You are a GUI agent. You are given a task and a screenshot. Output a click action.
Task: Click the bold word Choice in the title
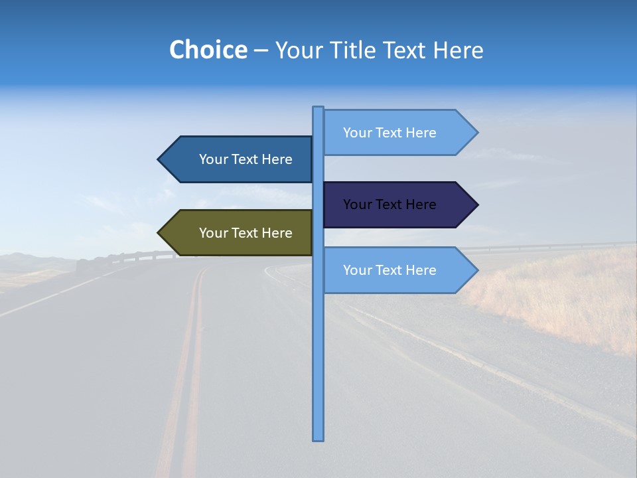point(208,50)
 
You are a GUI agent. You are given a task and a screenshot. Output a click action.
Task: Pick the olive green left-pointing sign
point(239,233)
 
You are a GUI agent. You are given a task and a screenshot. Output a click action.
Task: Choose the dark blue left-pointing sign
point(239,159)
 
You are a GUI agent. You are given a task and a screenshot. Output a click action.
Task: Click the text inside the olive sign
point(246,233)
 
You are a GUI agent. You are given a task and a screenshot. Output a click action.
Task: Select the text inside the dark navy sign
point(389,204)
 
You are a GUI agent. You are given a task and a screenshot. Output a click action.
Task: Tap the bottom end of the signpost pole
point(318,438)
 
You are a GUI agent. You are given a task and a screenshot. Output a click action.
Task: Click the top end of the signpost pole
point(318,108)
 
